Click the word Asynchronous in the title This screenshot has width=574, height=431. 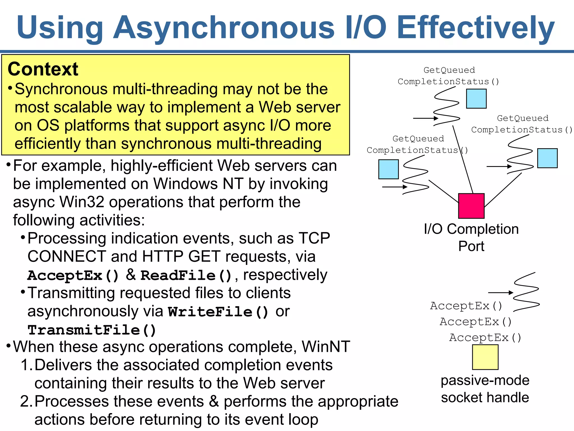(x=224, y=27)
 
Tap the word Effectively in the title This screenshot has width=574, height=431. (x=476, y=27)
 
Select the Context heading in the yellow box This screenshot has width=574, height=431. (x=43, y=69)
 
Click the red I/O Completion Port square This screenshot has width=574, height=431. (x=471, y=206)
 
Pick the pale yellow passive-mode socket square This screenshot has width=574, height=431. (x=485, y=357)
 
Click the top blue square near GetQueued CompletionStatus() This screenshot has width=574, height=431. (x=476, y=98)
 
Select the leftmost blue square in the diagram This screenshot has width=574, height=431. (x=388, y=169)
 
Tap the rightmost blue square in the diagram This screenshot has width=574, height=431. (x=547, y=158)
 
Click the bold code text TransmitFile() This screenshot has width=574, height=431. (x=92, y=330)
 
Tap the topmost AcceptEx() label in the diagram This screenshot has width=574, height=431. (x=466, y=306)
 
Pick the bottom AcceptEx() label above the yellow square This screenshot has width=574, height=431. (x=485, y=337)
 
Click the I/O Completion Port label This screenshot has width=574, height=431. (x=471, y=237)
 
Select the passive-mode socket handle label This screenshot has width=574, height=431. (x=485, y=389)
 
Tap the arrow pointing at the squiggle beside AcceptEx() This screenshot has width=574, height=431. (x=500, y=293)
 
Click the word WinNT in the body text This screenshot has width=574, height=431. (x=326, y=347)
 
